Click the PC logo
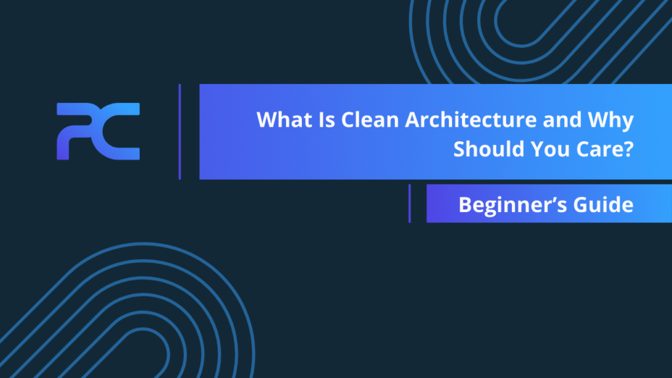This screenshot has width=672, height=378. tap(98, 131)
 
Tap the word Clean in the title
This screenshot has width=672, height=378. tap(370, 119)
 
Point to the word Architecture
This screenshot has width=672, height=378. tap(471, 119)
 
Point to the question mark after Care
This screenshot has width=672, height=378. tap(629, 149)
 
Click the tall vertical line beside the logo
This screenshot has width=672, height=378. tap(180, 131)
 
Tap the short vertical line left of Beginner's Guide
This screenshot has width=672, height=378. tap(409, 203)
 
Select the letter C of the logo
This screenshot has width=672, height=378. tap(118, 131)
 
